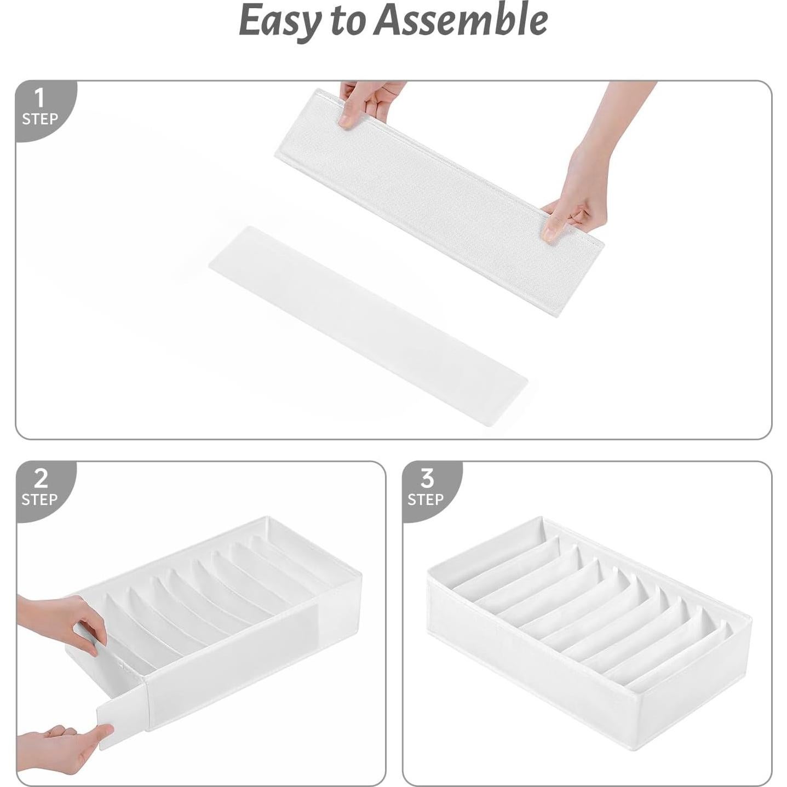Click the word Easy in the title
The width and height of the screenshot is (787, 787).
[x=279, y=21]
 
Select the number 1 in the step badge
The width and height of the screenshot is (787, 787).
[x=39, y=99]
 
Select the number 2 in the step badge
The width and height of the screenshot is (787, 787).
[x=41, y=479]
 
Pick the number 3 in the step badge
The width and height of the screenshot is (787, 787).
[x=427, y=479]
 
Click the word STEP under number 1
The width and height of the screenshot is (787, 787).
[x=39, y=119]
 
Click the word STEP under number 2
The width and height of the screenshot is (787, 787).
[x=39, y=499]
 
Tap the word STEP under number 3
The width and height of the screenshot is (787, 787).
[x=426, y=499]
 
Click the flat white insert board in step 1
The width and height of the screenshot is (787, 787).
[x=367, y=323]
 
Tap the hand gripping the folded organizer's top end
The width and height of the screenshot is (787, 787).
[x=367, y=101]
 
